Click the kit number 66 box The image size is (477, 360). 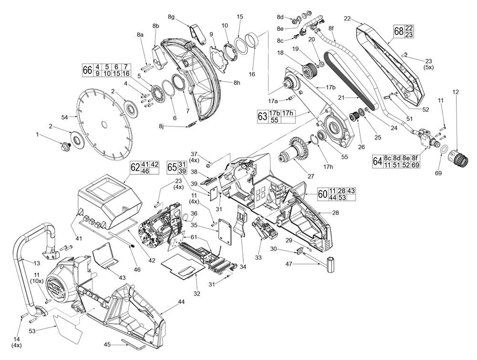pos(87,70)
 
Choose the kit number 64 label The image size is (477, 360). pos(377,161)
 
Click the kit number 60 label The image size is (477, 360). pos(322,194)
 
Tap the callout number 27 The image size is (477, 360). pos(311,176)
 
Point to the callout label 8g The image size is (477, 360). pos(171,17)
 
